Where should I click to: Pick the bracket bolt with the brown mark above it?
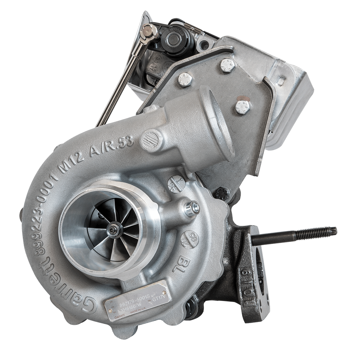(243, 107)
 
